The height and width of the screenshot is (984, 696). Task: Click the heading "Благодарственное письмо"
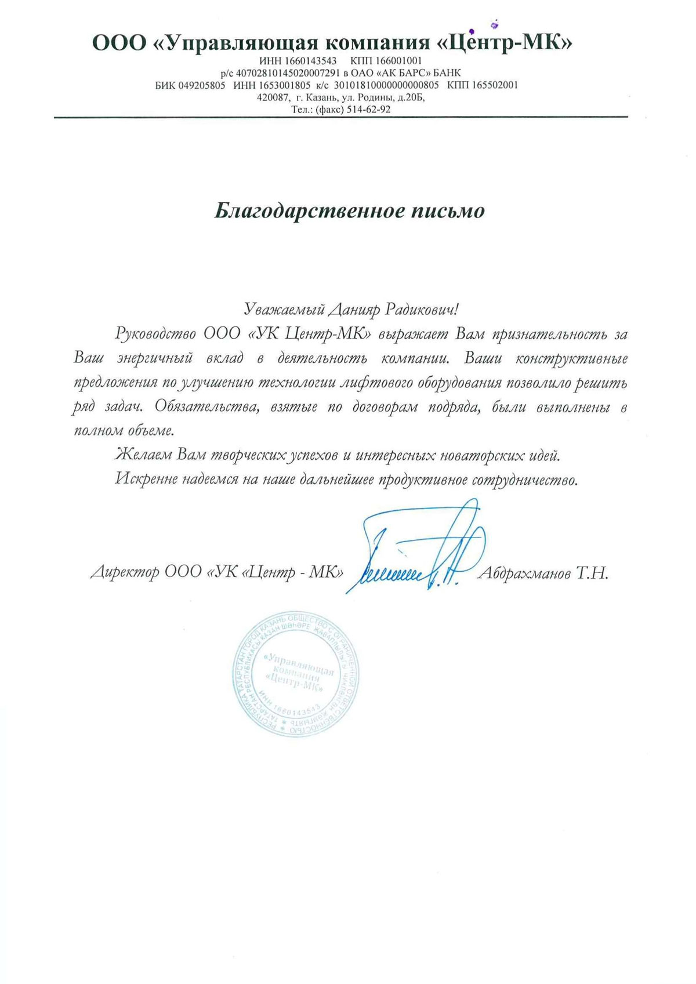[x=349, y=210]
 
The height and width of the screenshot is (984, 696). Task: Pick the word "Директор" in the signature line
[x=125, y=573]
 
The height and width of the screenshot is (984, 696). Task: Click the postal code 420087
[x=273, y=97]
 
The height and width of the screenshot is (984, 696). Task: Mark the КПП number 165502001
[x=495, y=85]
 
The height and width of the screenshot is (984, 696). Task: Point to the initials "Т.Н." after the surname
[x=592, y=573]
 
